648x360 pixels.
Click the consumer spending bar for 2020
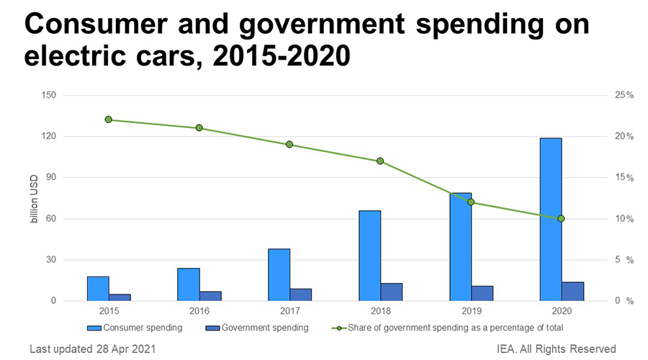(x=551, y=219)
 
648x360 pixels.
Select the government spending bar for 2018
(x=391, y=292)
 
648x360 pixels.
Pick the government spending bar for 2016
(x=210, y=296)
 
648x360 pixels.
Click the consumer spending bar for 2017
(x=279, y=274)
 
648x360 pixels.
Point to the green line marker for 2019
(x=471, y=202)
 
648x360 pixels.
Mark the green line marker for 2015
(x=109, y=120)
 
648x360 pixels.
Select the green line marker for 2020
(x=561, y=218)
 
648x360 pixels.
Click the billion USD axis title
(x=34, y=198)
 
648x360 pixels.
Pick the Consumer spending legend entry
(x=136, y=328)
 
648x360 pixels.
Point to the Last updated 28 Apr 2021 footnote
(x=91, y=349)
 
